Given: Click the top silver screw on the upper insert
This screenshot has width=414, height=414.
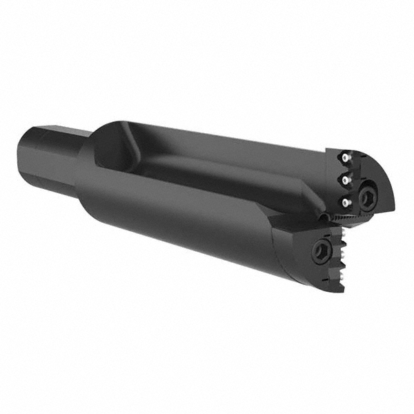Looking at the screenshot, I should click(x=343, y=159).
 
